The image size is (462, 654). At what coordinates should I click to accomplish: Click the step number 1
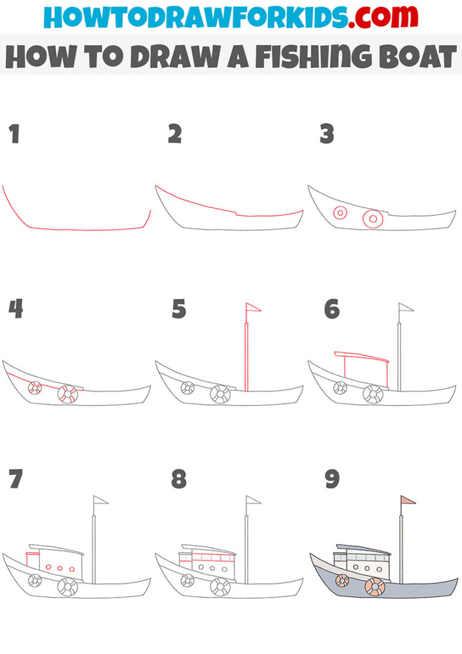(x=14, y=135)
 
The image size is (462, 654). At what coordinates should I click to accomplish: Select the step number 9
(x=331, y=479)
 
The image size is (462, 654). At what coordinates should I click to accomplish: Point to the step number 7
(x=15, y=479)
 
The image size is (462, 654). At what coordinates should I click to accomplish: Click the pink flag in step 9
(x=407, y=500)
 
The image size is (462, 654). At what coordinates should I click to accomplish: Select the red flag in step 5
(x=253, y=308)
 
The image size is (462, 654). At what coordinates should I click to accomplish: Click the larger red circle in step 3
(x=372, y=220)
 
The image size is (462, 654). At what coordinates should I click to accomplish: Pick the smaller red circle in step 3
(x=340, y=213)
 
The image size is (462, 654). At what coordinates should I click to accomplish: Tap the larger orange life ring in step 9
(x=375, y=585)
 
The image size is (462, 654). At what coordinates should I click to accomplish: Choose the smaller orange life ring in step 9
(x=342, y=580)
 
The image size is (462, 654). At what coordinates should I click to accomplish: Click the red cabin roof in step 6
(x=362, y=356)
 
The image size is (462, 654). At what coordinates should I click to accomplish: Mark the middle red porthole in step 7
(x=60, y=569)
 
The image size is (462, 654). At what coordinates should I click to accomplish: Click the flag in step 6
(x=406, y=308)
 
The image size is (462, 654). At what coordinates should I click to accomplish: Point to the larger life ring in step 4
(x=67, y=395)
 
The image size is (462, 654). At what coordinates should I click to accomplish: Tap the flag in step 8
(x=253, y=500)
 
